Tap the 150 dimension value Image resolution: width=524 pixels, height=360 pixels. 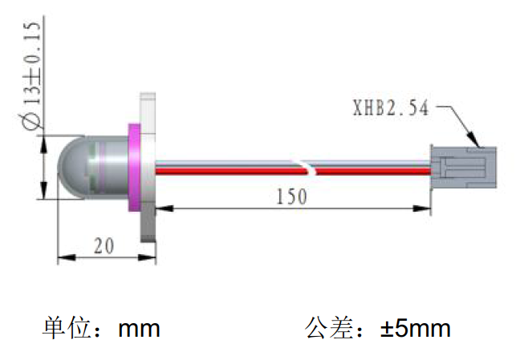pos(290,196)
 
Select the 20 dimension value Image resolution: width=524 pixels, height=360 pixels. pos(104,245)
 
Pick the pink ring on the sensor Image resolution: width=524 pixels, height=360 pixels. pos(134,168)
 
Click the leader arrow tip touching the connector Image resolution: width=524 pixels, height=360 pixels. pos(479,145)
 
